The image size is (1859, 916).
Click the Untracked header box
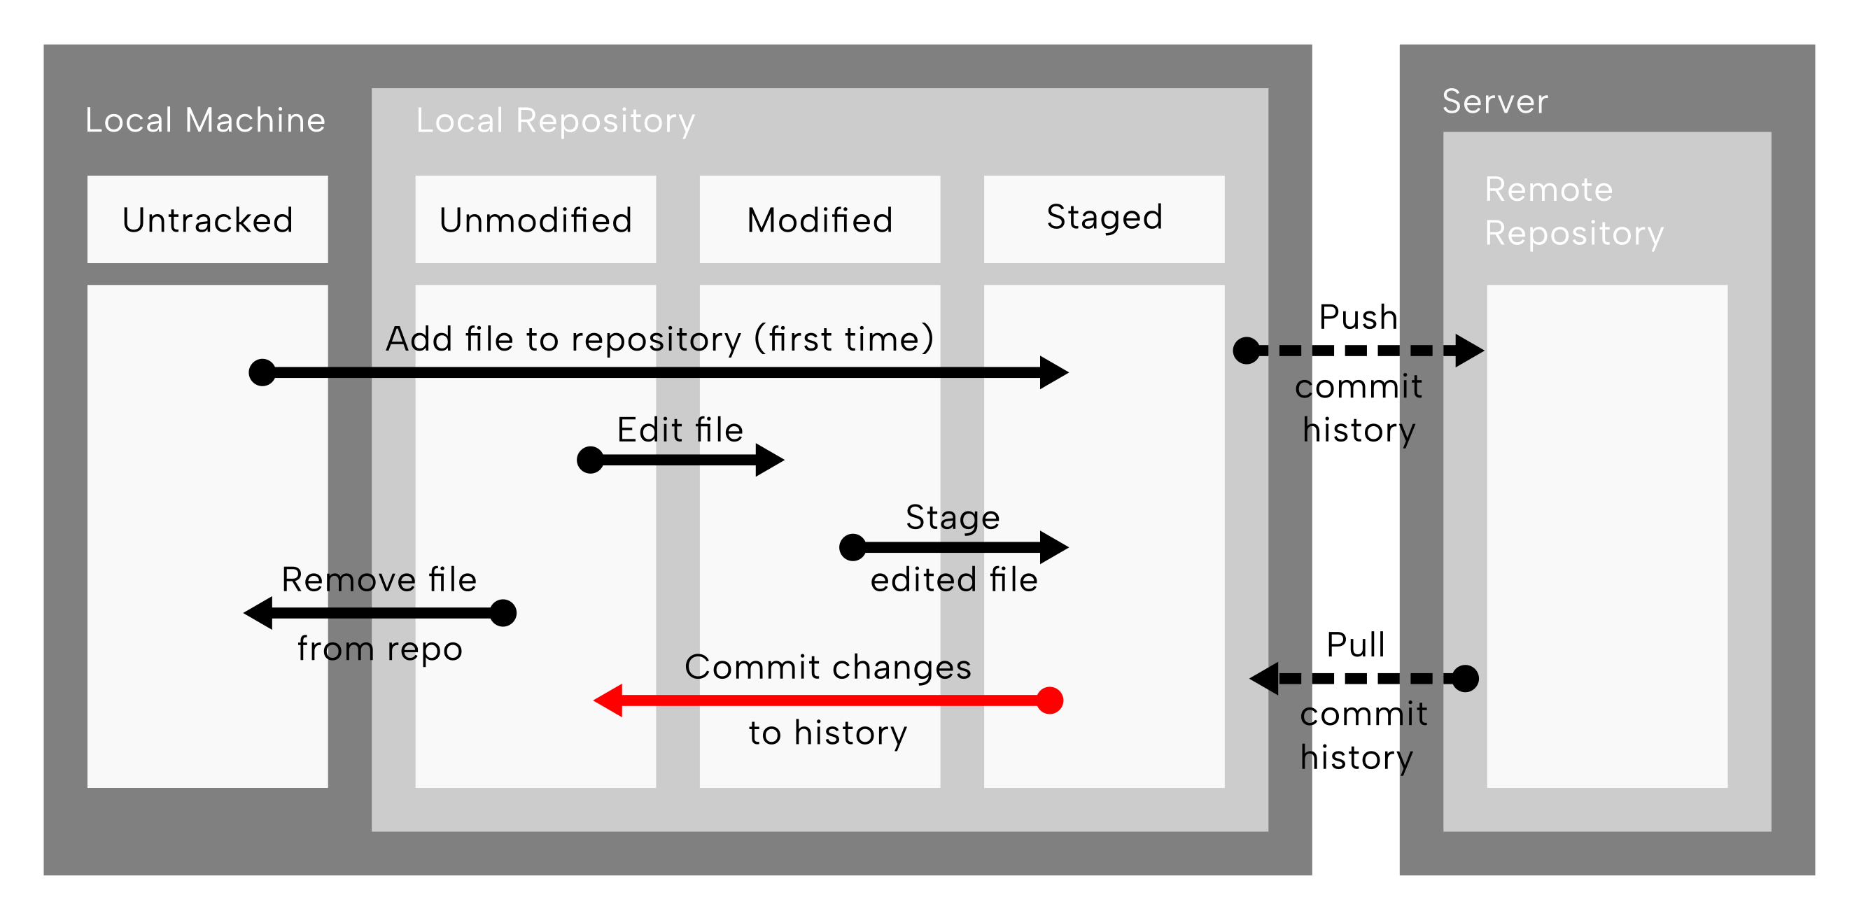coord(208,219)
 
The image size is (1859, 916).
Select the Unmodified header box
coord(535,219)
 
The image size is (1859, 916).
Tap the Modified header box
coord(820,219)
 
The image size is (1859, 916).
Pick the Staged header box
coord(1104,219)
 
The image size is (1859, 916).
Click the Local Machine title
coord(206,120)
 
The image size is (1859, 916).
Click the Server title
coord(1495,101)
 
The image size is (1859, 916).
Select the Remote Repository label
coord(1574,211)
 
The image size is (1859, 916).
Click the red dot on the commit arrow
coord(1050,700)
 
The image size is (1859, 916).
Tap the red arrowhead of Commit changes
coord(608,700)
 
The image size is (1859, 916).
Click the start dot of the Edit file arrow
coord(590,460)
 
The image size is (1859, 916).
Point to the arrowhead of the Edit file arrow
coord(770,460)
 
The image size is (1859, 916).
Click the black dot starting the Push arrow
coord(1247,351)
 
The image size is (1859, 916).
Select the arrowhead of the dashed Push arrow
coord(1470,351)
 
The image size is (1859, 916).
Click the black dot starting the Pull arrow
coord(1465,679)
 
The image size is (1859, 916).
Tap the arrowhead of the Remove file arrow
coord(258,613)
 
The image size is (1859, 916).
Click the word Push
coord(1358,318)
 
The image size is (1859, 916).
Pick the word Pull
coord(1356,644)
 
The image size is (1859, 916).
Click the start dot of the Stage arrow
coord(853,547)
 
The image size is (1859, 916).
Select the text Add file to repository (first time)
coord(660,339)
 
